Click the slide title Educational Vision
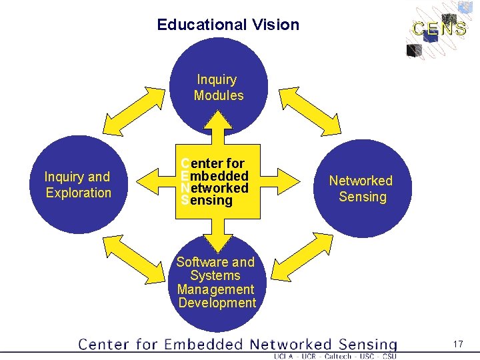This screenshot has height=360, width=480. point(228,25)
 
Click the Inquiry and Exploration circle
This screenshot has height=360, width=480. point(78,185)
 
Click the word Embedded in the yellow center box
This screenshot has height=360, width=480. point(215,176)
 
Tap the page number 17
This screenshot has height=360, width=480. point(457,344)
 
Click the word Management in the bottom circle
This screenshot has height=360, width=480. point(215,289)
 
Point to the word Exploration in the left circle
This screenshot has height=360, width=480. point(79,193)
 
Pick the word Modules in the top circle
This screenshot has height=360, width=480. point(219,95)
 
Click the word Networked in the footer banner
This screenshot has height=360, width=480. point(291,345)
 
